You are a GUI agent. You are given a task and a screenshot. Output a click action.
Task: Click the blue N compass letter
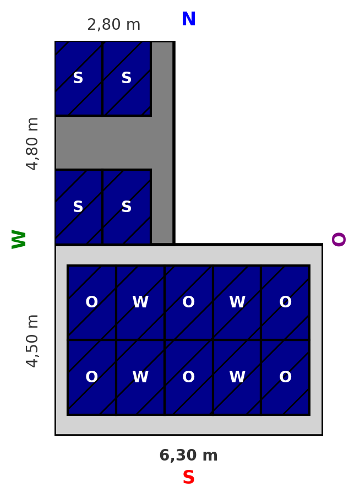[x=189, y=19]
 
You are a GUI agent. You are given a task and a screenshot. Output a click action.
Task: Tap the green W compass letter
[x=19, y=239]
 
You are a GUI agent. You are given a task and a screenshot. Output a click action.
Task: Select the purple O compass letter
[x=339, y=239]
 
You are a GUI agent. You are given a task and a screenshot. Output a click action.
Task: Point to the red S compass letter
[x=189, y=478]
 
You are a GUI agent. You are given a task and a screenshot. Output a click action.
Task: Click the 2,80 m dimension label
[x=113, y=25]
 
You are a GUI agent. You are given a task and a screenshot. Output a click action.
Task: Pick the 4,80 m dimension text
[x=32, y=144]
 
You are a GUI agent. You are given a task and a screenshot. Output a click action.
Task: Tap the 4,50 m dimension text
[x=32, y=341]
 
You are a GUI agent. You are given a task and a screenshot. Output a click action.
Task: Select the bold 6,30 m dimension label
[x=189, y=456]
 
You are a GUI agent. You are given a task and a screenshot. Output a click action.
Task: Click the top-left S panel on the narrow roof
[x=78, y=78]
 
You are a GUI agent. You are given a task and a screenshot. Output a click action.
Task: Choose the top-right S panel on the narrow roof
[x=127, y=78]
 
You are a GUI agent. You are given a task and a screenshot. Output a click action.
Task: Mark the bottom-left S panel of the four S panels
[x=78, y=207]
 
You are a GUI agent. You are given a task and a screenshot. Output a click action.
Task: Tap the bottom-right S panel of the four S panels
[x=127, y=207]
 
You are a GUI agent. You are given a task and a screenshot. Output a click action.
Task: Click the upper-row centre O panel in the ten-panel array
[x=189, y=302]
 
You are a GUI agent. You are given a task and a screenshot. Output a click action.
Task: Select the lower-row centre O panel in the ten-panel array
[x=189, y=377]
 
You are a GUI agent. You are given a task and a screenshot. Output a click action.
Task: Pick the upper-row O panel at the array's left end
[x=92, y=302]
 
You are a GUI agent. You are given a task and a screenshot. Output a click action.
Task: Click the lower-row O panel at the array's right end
[x=285, y=377]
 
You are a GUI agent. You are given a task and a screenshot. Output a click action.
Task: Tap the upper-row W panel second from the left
[x=140, y=302]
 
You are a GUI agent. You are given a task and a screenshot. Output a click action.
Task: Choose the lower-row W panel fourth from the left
[x=237, y=377]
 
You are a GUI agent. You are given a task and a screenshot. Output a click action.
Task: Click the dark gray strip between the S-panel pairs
[x=103, y=143]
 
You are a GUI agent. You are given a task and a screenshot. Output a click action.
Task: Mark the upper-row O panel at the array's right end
[x=285, y=302]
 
